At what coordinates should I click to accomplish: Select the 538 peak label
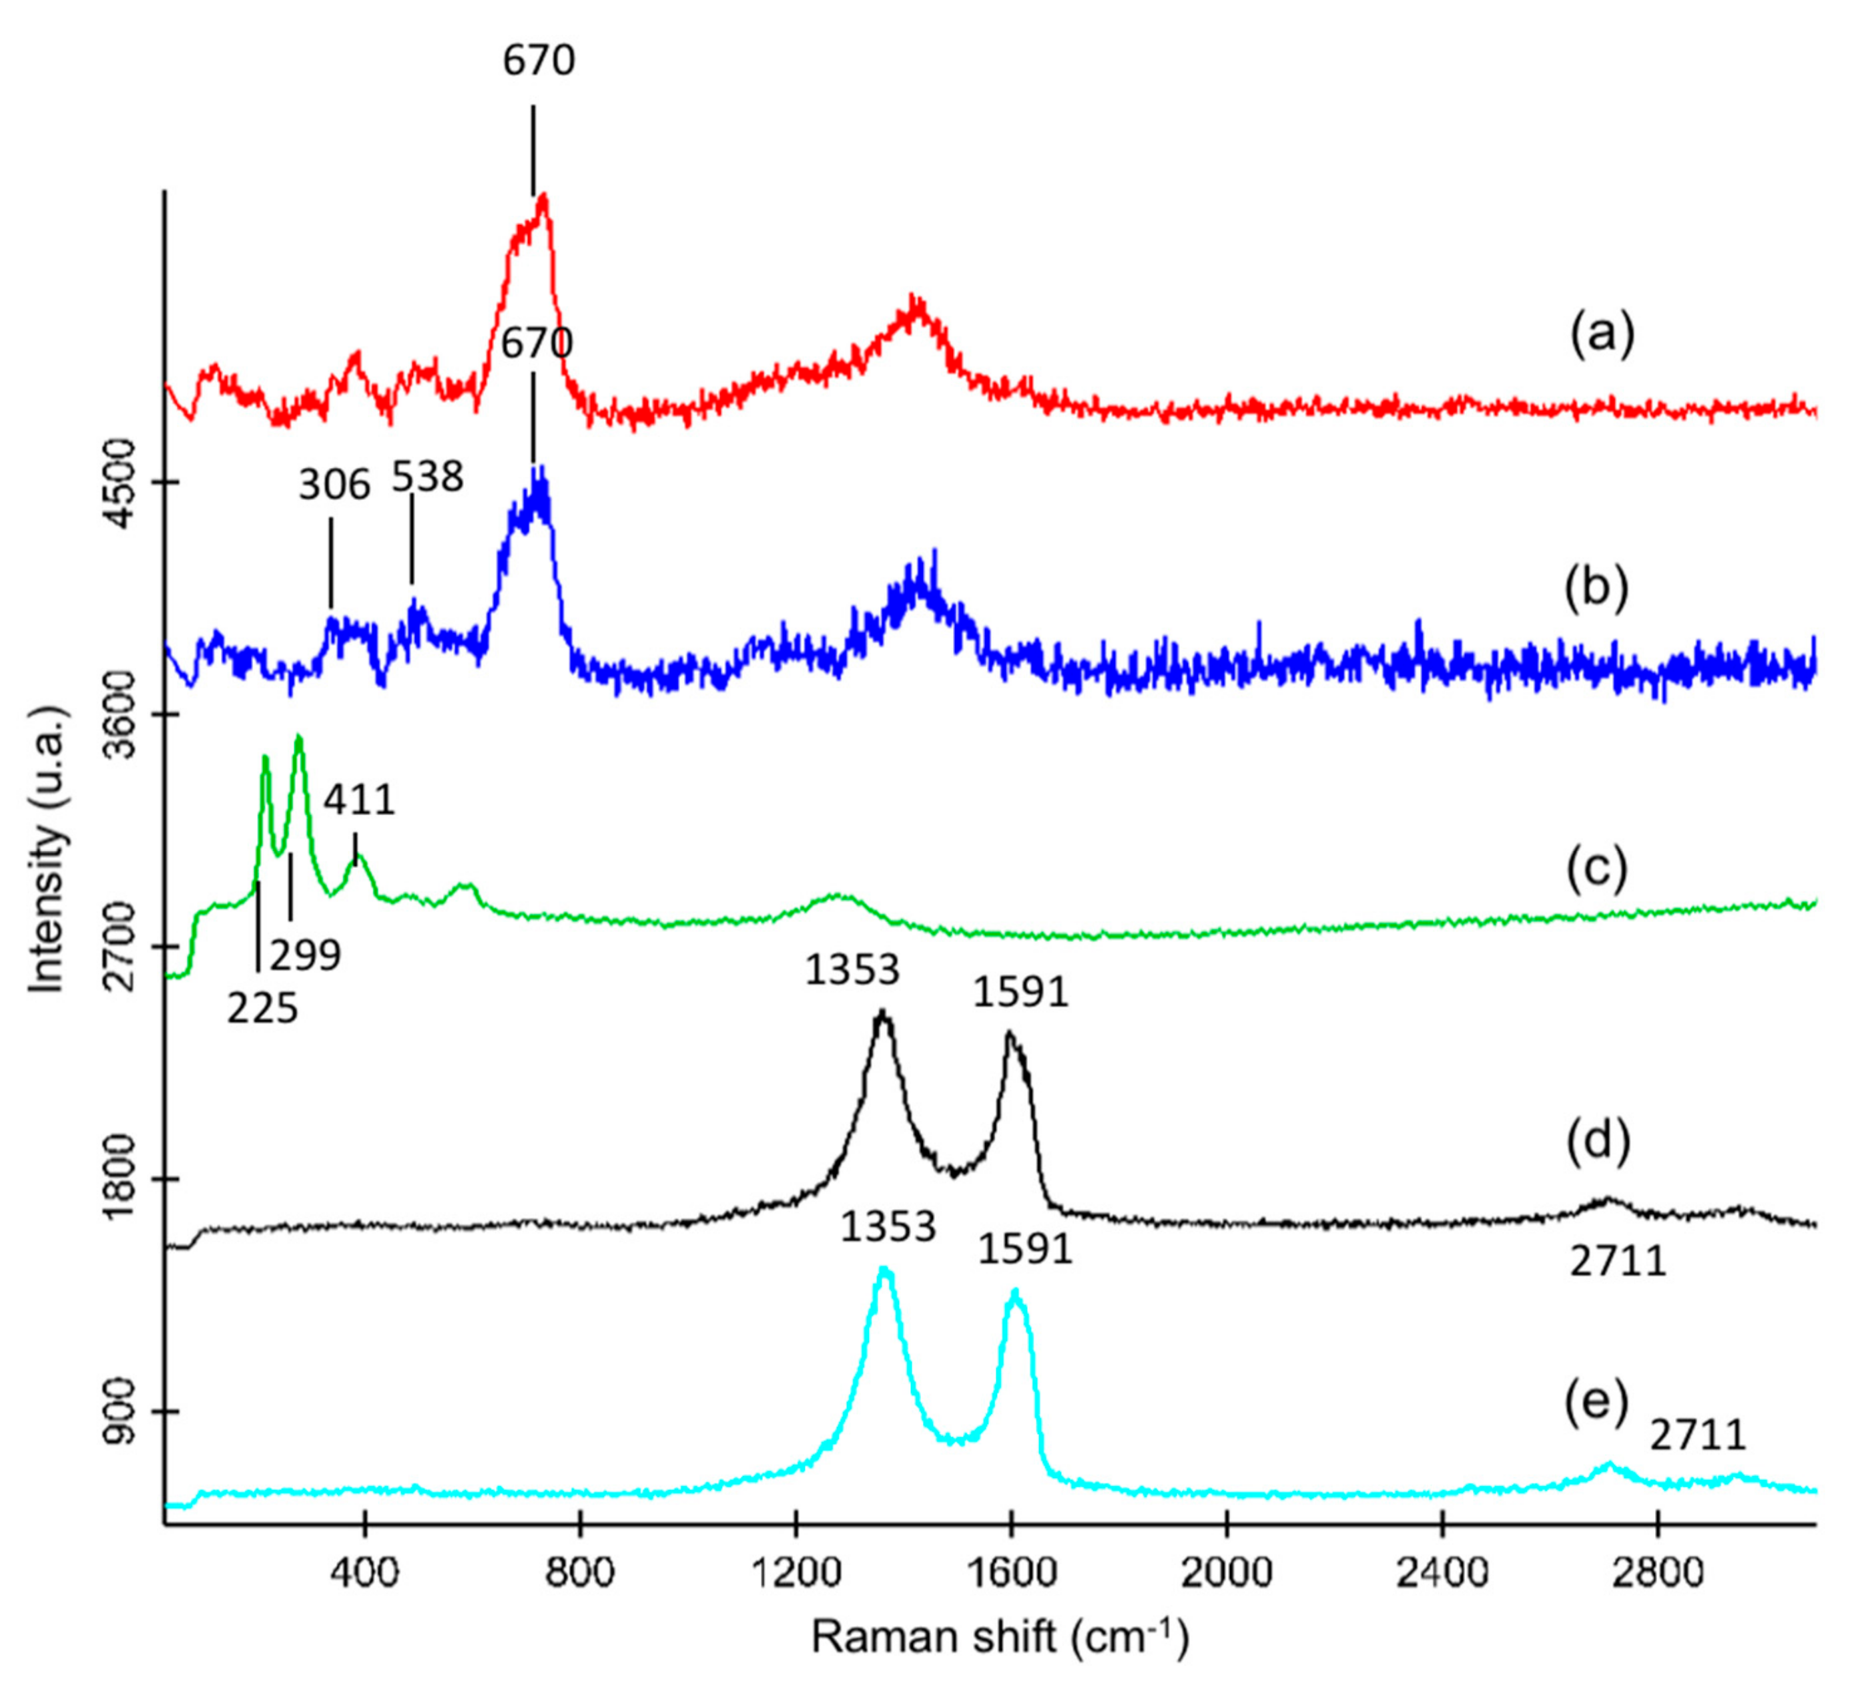coord(426,478)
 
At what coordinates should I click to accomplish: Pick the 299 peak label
coord(306,955)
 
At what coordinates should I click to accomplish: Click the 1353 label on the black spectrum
coord(852,970)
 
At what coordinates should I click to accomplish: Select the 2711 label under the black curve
coord(1617,1262)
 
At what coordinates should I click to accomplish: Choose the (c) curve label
coord(1596,869)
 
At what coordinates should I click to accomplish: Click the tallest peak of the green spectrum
coord(298,738)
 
